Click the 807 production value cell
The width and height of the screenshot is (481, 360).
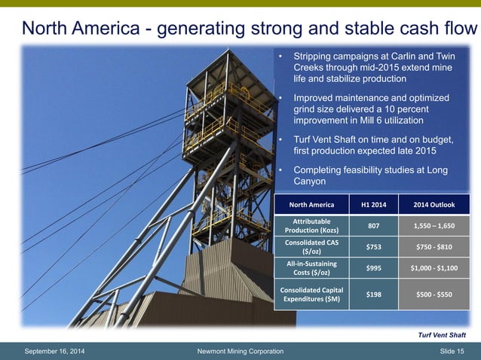tap(373, 225)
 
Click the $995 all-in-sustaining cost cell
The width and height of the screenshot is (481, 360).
tap(373, 267)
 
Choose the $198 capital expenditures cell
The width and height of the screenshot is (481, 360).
tap(373, 294)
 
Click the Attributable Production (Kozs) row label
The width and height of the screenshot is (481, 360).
tap(312, 225)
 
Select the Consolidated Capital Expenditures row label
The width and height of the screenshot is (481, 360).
tap(312, 294)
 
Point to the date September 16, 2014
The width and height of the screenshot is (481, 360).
tap(56, 351)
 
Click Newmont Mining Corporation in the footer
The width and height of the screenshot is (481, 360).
tap(240, 351)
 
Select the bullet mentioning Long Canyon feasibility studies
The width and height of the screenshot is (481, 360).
tap(369, 175)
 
